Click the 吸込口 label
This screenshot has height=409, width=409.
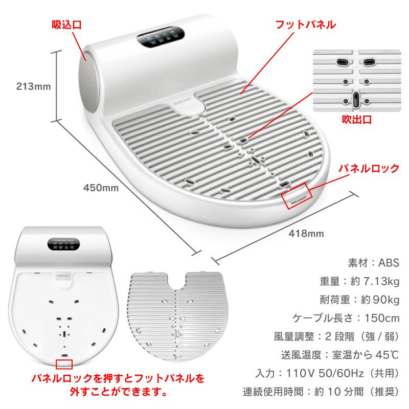[66, 24]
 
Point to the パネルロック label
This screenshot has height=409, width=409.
[370, 168]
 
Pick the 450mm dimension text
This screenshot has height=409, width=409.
[101, 188]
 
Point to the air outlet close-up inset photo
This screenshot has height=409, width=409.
[356, 79]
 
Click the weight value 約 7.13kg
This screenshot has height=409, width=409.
[378, 281]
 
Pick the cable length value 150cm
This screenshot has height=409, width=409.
[378, 318]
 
